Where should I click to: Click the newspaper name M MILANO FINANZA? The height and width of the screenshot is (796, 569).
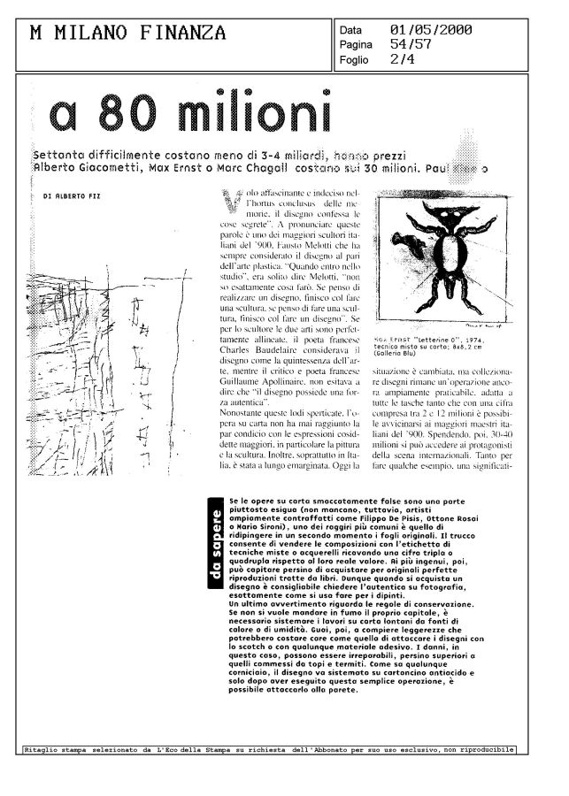[x=128, y=34]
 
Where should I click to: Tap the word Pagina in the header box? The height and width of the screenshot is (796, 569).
[x=357, y=44]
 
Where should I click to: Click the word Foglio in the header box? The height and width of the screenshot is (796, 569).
[x=354, y=60]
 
